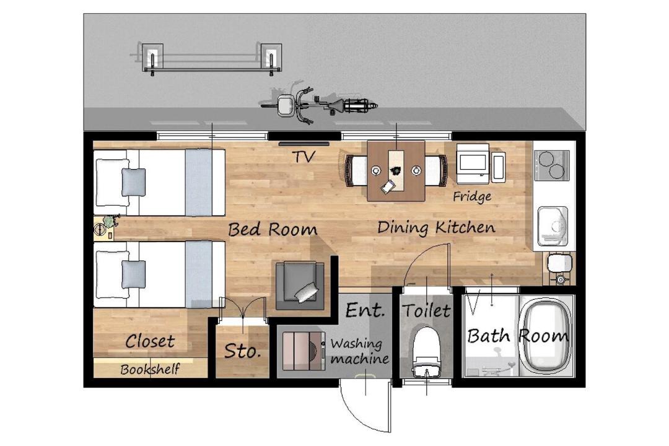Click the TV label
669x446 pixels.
(x=304, y=156)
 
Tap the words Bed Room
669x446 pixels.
(x=273, y=230)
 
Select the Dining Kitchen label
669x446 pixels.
(x=436, y=227)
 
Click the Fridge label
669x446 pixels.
(x=472, y=196)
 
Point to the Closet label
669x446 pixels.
(x=150, y=341)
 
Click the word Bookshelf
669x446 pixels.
(x=150, y=369)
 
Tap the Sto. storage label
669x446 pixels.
(x=242, y=351)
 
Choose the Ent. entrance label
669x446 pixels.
(x=365, y=310)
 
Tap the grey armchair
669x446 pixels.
(x=300, y=285)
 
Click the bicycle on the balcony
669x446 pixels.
(x=319, y=105)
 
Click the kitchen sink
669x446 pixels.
(x=553, y=226)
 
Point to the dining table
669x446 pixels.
(x=396, y=171)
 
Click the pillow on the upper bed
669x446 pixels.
(x=134, y=182)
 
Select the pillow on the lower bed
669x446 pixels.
(x=134, y=274)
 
